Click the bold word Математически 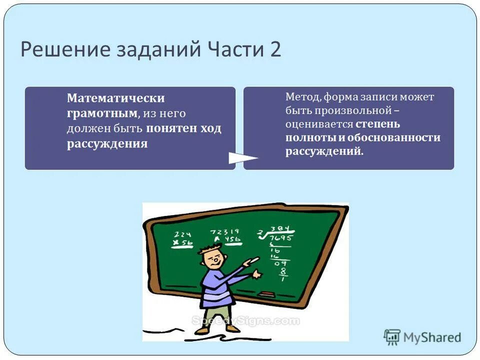click(116, 98)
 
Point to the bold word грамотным click(102, 113)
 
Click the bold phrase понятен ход click(183, 128)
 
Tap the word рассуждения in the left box click(107, 144)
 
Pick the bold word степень click(377, 123)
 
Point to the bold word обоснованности click(396, 137)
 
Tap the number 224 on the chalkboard click(183, 234)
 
